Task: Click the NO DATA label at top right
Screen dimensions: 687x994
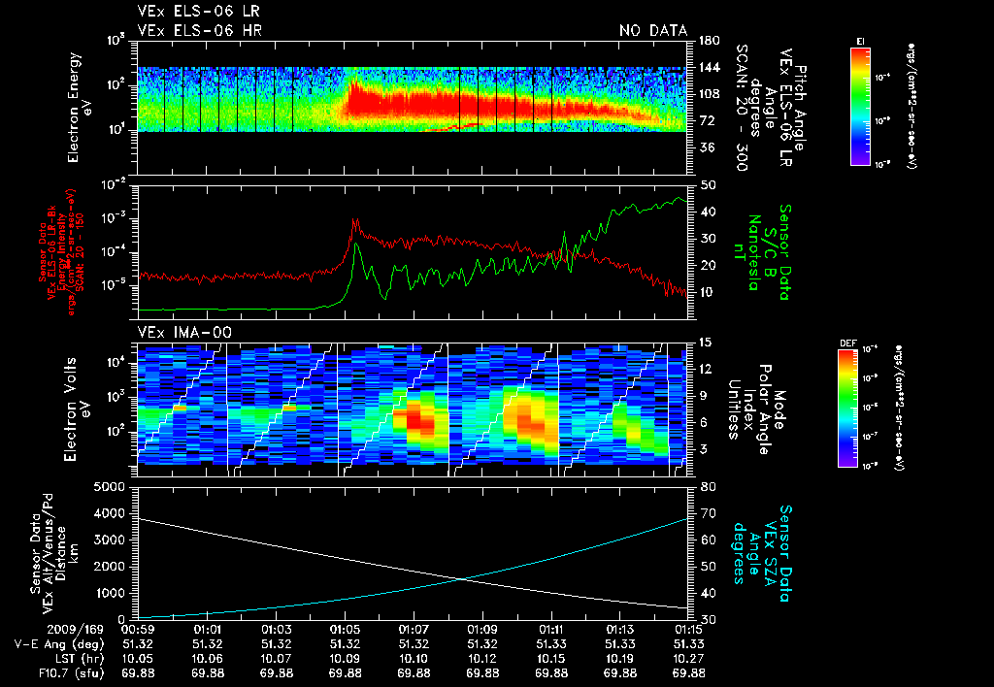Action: [x=653, y=30]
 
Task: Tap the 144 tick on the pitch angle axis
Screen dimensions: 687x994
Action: [x=707, y=67]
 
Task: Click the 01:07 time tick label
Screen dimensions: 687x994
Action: [x=414, y=630]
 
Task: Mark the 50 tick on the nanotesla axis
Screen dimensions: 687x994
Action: [x=707, y=184]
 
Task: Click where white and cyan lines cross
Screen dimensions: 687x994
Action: [x=463, y=579]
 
